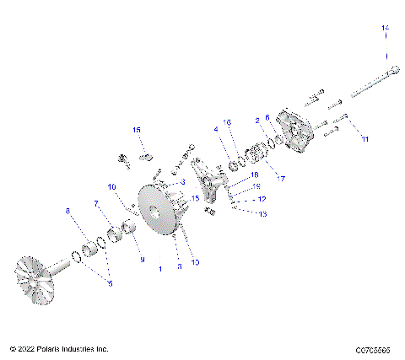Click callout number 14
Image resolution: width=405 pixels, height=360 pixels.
click(386, 30)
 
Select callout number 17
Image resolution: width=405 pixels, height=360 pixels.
click(281, 179)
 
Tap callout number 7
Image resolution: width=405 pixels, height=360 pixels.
click(96, 204)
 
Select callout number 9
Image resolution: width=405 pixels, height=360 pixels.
click(142, 260)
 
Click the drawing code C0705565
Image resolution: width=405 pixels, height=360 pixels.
click(374, 348)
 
